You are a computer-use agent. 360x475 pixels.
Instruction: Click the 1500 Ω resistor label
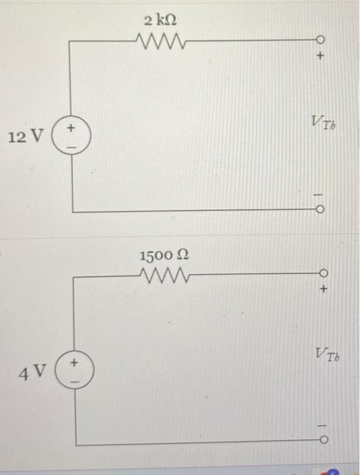tap(164, 256)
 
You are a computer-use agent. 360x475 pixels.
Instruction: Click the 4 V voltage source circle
tap(75, 372)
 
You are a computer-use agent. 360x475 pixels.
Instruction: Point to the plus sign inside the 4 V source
tap(75, 364)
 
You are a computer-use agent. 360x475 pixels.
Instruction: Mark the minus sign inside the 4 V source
tap(75, 380)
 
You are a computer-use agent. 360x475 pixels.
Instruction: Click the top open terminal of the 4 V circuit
tap(323, 275)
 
